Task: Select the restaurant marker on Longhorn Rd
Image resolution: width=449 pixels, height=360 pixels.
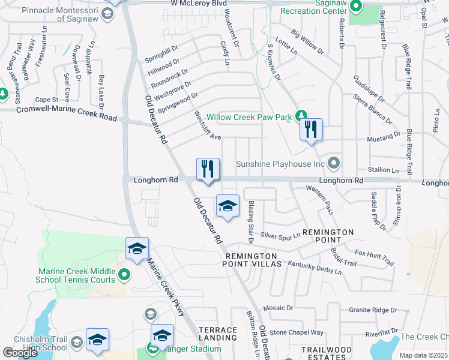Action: point(208,169)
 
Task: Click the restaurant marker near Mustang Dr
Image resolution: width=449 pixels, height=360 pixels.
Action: point(311,130)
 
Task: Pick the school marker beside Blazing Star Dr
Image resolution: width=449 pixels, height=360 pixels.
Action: point(228,206)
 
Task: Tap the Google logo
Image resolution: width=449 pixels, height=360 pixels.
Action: point(20,352)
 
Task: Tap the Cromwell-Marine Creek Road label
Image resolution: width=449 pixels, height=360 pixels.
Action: point(66,113)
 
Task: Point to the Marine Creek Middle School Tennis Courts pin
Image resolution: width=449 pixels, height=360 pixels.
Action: point(124,275)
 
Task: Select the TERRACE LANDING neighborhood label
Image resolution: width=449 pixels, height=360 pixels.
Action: point(218,334)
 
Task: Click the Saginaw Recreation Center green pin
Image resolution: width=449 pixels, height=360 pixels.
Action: point(355,7)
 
